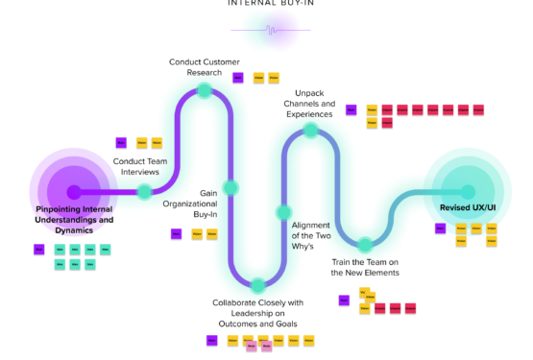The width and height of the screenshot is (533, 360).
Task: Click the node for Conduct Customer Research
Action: pos(204,91)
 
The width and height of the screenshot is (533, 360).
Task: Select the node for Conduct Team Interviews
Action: pos(143,192)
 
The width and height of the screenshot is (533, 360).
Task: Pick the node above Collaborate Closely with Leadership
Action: pos(256,284)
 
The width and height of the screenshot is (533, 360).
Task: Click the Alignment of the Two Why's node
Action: pos(283,212)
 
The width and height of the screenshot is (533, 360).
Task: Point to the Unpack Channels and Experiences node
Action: pos(309,130)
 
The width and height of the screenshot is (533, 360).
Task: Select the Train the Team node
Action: pos(365,245)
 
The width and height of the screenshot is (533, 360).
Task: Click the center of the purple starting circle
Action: pos(72,191)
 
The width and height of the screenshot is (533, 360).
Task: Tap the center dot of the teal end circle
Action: pos(468,192)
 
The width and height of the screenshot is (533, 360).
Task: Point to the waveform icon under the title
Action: pos(272,31)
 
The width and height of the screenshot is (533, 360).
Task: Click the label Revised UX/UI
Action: pos(468,208)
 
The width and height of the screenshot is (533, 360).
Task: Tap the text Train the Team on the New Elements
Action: pos(365,267)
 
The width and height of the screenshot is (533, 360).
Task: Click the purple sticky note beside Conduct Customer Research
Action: pos(237,77)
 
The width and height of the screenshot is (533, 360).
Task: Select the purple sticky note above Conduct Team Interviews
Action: pos(121,143)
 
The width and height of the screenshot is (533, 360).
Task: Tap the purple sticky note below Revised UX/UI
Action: pos(440,228)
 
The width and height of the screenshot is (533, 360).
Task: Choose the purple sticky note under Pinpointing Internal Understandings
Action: pos(38,250)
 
